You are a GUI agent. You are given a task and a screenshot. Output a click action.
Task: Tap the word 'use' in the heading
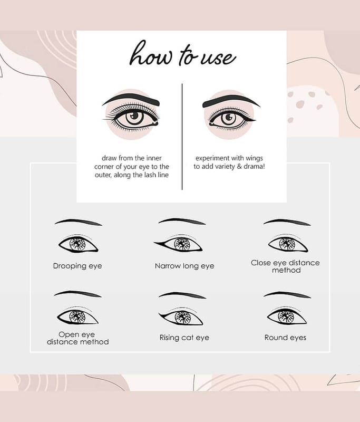pyautogui.click(x=218, y=58)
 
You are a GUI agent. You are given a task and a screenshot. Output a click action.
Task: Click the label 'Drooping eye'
pyautogui.click(x=77, y=266)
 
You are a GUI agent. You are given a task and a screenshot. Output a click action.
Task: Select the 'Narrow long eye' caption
pyautogui.click(x=184, y=266)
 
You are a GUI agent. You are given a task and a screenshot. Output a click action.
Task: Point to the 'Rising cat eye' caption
pyautogui.click(x=184, y=338)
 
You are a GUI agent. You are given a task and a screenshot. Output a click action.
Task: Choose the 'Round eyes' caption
pyautogui.click(x=285, y=338)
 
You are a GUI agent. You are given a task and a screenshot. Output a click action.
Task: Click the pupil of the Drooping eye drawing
pyautogui.click(x=77, y=244)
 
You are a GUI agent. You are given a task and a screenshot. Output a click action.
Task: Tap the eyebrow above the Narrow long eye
pyautogui.click(x=182, y=221)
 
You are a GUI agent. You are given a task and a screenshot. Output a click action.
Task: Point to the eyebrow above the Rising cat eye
pyautogui.click(x=182, y=295)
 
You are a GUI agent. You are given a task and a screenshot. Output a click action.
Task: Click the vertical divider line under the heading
pyautogui.click(x=182, y=137)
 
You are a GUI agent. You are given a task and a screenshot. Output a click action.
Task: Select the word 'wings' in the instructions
pyautogui.click(x=254, y=158)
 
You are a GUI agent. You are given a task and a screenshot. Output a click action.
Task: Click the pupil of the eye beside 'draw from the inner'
pyautogui.click(x=134, y=116)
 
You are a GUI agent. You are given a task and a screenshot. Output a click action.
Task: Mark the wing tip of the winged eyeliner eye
pyautogui.click(x=256, y=119)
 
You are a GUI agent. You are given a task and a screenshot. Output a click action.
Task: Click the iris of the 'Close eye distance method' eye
pyautogui.click(x=287, y=244)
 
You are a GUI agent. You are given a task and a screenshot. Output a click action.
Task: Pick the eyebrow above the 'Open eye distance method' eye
pyautogui.click(x=77, y=294)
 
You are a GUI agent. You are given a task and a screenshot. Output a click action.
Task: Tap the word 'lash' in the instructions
pyautogui.click(x=149, y=175)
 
